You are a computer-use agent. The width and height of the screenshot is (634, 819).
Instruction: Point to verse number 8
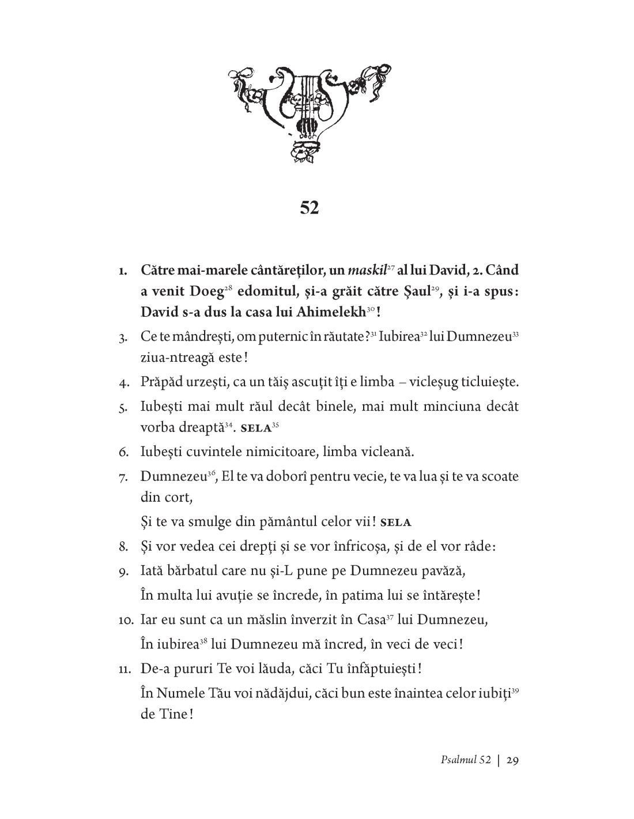123,547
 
